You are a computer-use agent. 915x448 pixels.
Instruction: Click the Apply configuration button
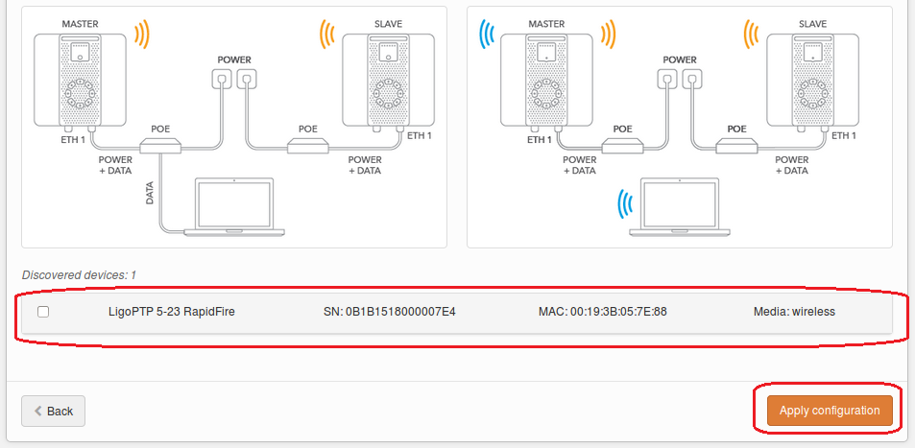point(830,411)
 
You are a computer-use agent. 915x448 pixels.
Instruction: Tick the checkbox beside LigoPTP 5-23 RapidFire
point(43,312)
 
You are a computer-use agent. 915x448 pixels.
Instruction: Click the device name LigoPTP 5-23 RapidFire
point(172,312)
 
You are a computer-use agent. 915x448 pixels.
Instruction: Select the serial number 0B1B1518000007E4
point(390,312)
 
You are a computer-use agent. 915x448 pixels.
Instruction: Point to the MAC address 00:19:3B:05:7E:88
point(603,312)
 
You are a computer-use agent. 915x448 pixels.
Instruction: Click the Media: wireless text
point(794,312)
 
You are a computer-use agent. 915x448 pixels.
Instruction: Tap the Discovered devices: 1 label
point(79,275)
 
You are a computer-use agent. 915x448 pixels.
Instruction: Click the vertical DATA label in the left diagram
point(150,195)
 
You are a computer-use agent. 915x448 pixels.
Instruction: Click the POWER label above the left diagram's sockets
point(234,59)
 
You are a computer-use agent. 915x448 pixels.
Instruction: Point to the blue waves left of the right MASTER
point(486,36)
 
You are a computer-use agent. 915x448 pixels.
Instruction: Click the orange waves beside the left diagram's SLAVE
point(326,36)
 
